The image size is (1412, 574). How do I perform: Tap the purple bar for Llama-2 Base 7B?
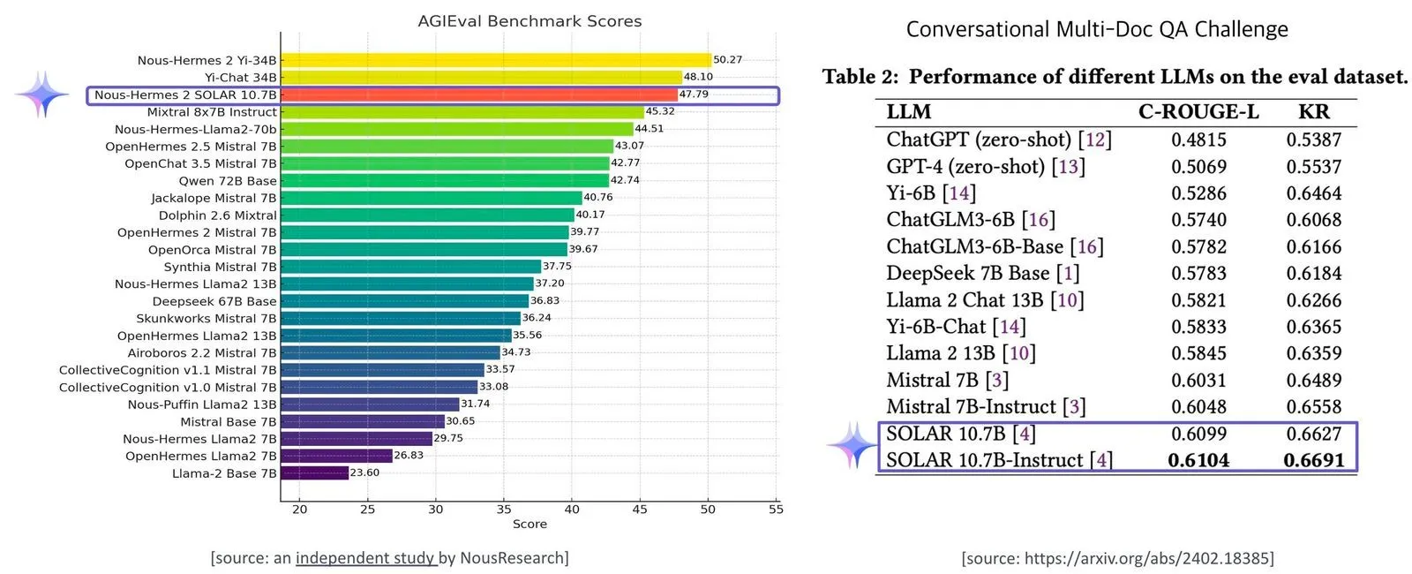coord(314,473)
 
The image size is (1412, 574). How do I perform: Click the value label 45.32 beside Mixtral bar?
coord(660,111)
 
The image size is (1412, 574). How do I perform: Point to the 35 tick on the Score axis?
coord(504,509)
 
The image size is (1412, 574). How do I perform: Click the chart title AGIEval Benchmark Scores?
coord(529,21)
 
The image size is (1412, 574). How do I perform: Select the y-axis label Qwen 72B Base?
coord(228,181)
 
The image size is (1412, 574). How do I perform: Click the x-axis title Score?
coord(529,525)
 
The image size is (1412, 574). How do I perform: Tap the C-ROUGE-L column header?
coord(1198,112)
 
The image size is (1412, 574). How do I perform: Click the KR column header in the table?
coord(1313,112)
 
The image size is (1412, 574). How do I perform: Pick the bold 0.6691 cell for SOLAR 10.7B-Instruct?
coord(1313,460)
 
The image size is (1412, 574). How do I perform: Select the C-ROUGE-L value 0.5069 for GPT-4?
coord(1198,167)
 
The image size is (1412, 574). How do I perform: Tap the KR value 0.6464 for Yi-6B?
coord(1313,193)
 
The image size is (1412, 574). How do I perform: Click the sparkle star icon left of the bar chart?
coord(42,94)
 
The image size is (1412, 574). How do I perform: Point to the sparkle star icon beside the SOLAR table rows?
coord(852,445)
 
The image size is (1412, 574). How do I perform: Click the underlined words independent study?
coord(365,558)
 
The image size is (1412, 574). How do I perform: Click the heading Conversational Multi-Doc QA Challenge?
coord(1097,29)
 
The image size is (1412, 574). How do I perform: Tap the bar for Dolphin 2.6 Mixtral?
coord(427,215)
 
